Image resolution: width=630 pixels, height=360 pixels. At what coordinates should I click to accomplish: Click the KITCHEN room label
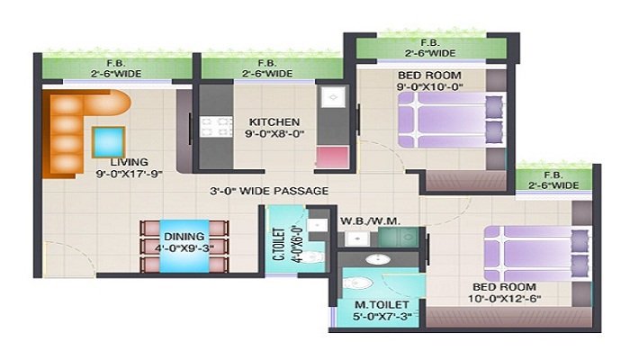(274, 121)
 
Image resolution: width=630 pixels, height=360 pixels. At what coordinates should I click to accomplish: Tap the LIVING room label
(130, 162)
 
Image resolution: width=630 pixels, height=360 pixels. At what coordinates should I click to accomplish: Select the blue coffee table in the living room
(108, 142)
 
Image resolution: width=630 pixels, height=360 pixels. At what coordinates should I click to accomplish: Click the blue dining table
(184, 246)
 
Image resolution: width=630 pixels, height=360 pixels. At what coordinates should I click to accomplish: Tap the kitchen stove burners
(216, 127)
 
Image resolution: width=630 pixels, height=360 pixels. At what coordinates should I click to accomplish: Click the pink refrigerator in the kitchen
(333, 157)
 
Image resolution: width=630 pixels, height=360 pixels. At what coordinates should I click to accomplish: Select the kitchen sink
(333, 97)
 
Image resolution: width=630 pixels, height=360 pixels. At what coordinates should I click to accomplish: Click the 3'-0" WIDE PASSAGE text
(269, 191)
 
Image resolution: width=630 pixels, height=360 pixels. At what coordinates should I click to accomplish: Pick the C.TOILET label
(279, 244)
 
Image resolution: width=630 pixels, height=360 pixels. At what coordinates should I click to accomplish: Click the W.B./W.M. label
(370, 221)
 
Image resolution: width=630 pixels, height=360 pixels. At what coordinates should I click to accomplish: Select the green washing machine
(399, 237)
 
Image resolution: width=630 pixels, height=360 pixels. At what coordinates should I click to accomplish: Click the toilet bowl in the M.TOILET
(357, 283)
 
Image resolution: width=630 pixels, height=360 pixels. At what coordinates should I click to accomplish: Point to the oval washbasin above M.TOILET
(378, 259)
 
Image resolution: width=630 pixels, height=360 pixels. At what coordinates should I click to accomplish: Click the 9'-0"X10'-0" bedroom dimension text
(430, 86)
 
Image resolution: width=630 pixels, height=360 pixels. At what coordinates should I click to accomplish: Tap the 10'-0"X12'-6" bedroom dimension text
(504, 299)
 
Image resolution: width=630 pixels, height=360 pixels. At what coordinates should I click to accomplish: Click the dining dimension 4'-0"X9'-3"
(184, 247)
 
